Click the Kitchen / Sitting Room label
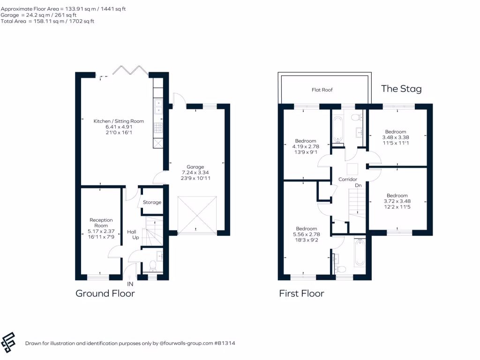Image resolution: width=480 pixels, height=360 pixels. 119,121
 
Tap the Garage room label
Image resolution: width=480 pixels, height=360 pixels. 195,166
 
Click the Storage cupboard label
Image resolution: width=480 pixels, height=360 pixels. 152,202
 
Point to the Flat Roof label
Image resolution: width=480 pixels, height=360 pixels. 322,90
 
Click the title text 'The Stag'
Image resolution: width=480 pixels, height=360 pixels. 401,89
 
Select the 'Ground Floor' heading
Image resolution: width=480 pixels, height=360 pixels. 105,293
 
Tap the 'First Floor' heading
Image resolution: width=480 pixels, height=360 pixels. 301,293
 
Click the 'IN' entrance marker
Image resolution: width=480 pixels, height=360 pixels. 130,284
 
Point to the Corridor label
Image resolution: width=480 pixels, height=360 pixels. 348,180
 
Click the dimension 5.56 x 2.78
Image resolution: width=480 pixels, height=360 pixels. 306,235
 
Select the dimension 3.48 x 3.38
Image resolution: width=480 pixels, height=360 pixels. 396,138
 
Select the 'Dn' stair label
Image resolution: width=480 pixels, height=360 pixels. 358,186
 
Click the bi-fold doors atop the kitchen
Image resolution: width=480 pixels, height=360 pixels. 131,71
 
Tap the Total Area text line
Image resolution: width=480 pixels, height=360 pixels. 47,21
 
